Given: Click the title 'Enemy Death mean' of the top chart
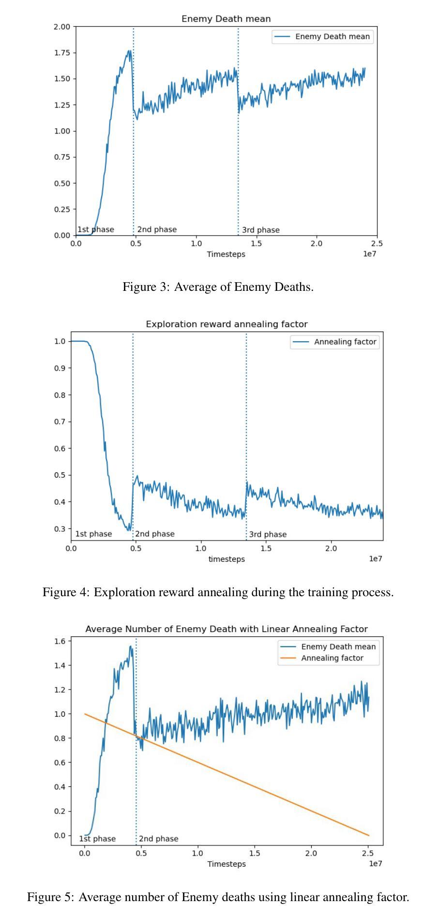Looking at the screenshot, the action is [226, 19].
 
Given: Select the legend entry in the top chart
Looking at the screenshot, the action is [323, 36].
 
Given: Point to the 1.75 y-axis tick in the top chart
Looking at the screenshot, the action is [62, 53].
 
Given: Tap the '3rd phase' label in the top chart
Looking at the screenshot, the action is [261, 230].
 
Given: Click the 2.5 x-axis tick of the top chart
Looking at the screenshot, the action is [377, 243].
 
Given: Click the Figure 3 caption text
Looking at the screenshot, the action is [218, 287].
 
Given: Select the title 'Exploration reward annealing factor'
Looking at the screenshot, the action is [227, 324].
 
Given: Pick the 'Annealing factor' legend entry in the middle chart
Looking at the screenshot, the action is [335, 342].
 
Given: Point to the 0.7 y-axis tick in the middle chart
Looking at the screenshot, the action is [60, 422].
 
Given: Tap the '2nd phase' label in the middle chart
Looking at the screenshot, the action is [155, 534].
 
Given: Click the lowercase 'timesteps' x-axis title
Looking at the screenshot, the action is [227, 559].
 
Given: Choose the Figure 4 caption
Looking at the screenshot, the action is [218, 592].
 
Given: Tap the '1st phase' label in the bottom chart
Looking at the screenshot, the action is [97, 839].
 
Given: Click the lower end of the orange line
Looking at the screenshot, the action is [369, 835].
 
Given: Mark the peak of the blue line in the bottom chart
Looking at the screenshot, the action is [130, 646].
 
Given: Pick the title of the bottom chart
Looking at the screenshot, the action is [227, 629].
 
